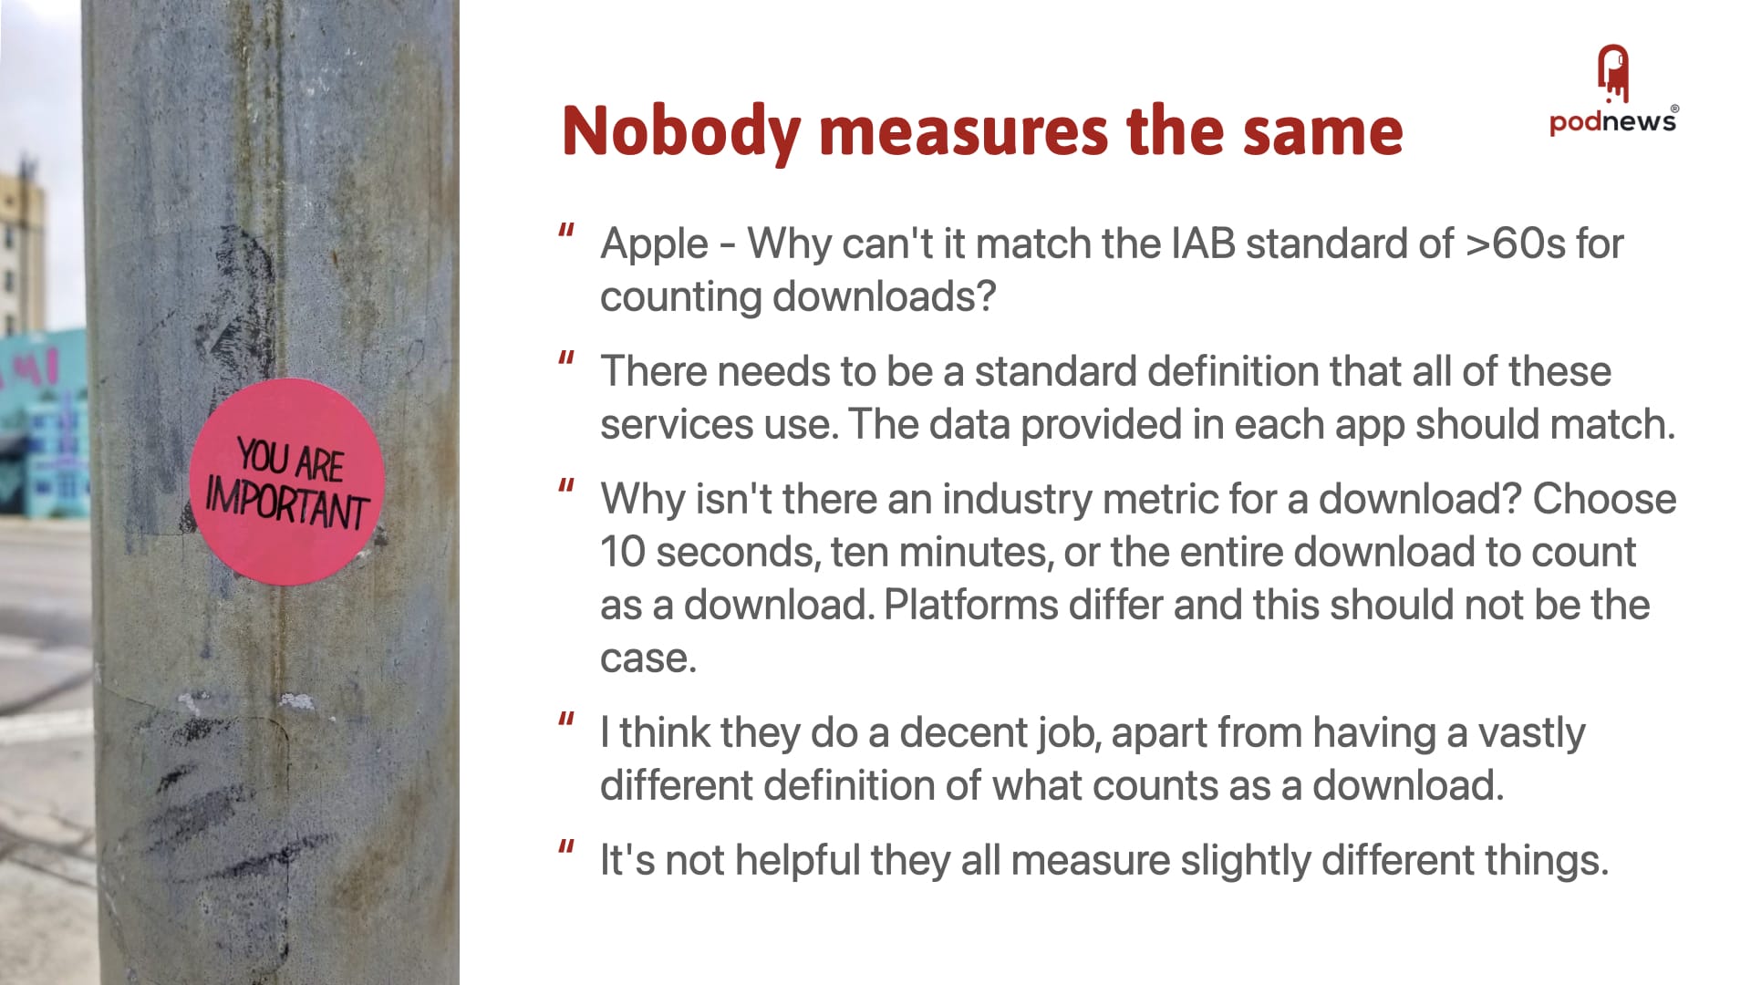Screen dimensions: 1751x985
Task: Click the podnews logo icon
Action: [x=1612, y=74]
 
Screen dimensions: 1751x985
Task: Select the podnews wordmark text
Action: [x=1612, y=121]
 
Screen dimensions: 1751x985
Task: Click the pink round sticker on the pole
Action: [x=286, y=482]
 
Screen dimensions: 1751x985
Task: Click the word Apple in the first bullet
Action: [x=654, y=245]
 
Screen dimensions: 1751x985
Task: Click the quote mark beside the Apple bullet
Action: [x=566, y=232]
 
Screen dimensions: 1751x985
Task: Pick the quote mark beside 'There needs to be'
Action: [x=566, y=359]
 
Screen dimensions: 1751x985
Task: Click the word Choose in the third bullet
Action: [x=1604, y=499]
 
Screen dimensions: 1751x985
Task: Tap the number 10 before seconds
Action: [x=622, y=552]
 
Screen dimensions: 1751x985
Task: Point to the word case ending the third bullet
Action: [x=648, y=658]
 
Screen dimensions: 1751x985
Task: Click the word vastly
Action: [x=1531, y=734]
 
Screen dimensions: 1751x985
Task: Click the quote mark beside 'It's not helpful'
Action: [x=566, y=848]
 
